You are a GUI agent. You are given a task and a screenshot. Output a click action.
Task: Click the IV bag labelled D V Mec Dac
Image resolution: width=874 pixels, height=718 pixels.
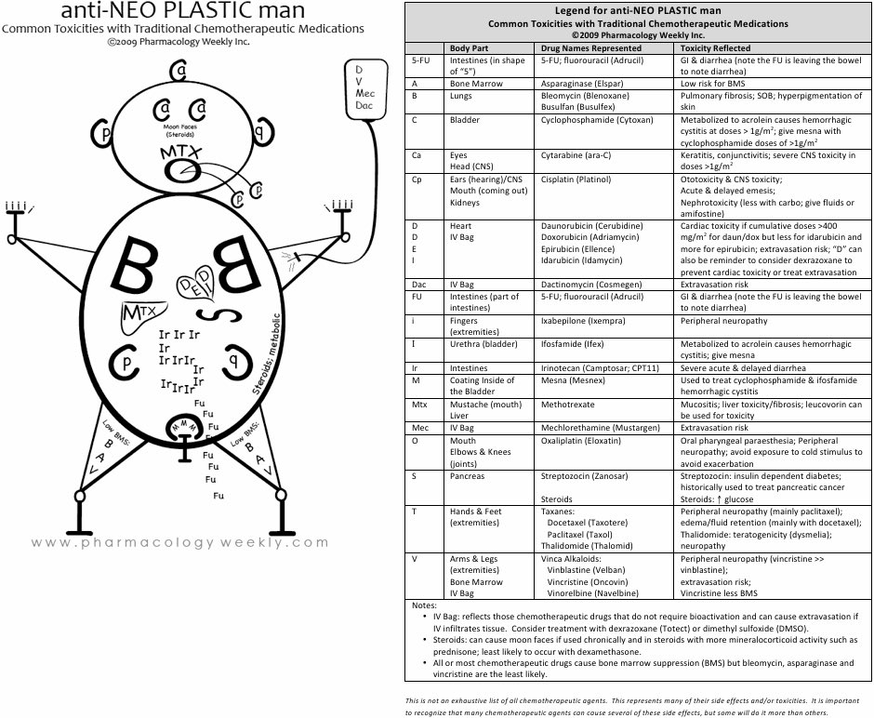(364, 93)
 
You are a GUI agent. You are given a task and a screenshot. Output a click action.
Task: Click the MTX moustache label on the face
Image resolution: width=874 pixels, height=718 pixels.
(179, 152)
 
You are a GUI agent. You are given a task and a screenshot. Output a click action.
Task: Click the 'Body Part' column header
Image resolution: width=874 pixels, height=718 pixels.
(470, 47)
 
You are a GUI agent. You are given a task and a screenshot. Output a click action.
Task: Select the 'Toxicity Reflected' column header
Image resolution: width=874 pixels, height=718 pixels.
(715, 47)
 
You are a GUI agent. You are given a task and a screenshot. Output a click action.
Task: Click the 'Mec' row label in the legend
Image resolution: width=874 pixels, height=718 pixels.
(419, 428)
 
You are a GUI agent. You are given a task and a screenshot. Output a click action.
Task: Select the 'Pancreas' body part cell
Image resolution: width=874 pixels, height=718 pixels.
(467, 476)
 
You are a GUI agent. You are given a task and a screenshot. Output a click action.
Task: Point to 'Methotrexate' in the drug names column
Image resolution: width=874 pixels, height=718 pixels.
(569, 405)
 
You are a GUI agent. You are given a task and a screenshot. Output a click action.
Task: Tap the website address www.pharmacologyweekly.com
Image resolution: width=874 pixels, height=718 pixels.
(180, 542)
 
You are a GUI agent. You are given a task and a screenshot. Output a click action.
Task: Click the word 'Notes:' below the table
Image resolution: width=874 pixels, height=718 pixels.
(424, 605)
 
